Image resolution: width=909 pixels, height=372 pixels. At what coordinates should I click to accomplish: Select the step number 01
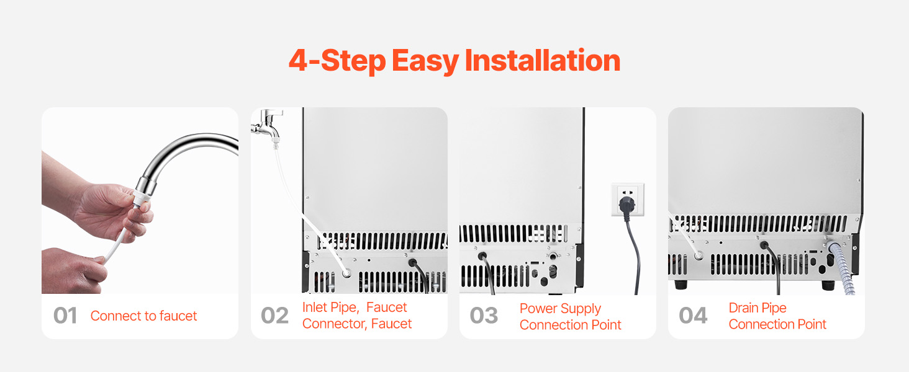(x=65, y=316)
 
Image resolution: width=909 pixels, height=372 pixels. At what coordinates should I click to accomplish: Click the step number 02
(x=274, y=316)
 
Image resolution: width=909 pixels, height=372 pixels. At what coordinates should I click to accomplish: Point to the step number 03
(x=484, y=316)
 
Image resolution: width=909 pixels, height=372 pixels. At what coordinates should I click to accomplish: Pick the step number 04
(x=693, y=316)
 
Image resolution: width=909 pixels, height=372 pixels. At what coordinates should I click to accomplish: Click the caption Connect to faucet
(x=143, y=316)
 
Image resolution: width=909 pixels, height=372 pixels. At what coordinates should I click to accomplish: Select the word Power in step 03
(x=538, y=308)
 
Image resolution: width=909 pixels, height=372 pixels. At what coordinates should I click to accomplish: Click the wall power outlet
(x=628, y=200)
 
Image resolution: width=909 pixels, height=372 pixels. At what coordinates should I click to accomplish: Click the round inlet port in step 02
(x=346, y=273)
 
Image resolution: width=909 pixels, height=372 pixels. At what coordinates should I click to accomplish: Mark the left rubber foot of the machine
(x=681, y=285)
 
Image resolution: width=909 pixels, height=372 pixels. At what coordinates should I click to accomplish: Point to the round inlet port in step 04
(x=699, y=255)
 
